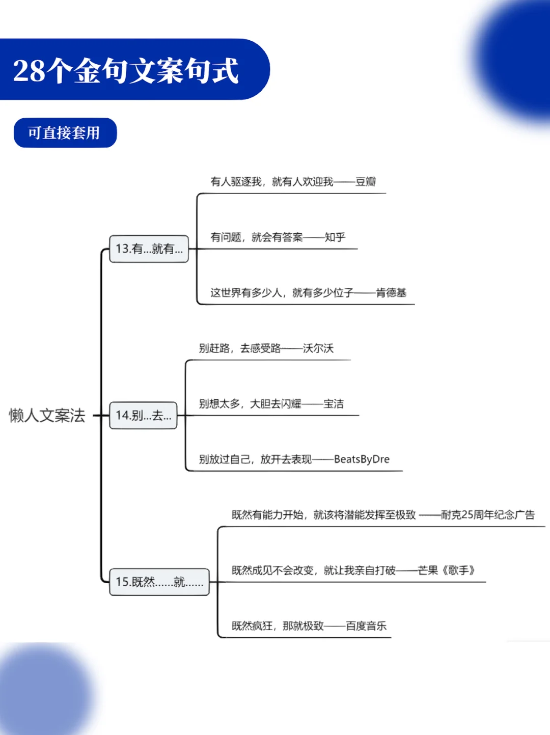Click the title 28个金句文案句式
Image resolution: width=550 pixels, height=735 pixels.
click(126, 70)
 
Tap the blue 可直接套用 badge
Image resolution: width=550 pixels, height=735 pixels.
click(64, 133)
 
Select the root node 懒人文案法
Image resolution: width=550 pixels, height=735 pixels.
click(47, 416)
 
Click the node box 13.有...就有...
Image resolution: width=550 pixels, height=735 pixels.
click(149, 249)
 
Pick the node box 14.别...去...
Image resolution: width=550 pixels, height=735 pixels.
click(143, 416)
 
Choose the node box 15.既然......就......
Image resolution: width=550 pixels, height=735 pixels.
click(159, 582)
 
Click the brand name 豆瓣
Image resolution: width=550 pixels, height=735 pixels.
click(366, 182)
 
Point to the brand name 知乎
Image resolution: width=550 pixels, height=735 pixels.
click(335, 237)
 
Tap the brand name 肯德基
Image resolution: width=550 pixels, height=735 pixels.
click(391, 293)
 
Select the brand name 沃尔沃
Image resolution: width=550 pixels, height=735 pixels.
click(318, 348)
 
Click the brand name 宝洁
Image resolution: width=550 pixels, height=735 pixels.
click(334, 404)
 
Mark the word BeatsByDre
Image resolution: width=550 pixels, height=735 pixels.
click(362, 459)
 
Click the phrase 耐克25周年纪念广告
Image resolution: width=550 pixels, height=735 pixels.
click(487, 515)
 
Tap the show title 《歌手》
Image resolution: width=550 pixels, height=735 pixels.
click(458, 570)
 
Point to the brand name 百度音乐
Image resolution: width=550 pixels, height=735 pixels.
click(366, 626)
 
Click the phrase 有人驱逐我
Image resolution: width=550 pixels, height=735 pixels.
click(236, 182)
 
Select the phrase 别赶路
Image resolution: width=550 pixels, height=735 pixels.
click(214, 348)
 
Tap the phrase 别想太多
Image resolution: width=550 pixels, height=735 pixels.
click(219, 404)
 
